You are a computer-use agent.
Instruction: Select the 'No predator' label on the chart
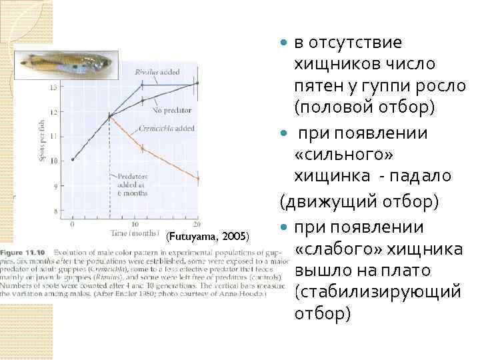[x=173, y=109]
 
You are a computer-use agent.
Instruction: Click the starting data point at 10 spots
[x=72, y=160]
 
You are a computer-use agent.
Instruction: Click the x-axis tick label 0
[x=65, y=223]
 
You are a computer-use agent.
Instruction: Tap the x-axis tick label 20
[x=197, y=223]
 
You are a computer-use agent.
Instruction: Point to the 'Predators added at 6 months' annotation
[x=132, y=184]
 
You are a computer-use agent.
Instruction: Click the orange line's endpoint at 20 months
[x=197, y=178]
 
